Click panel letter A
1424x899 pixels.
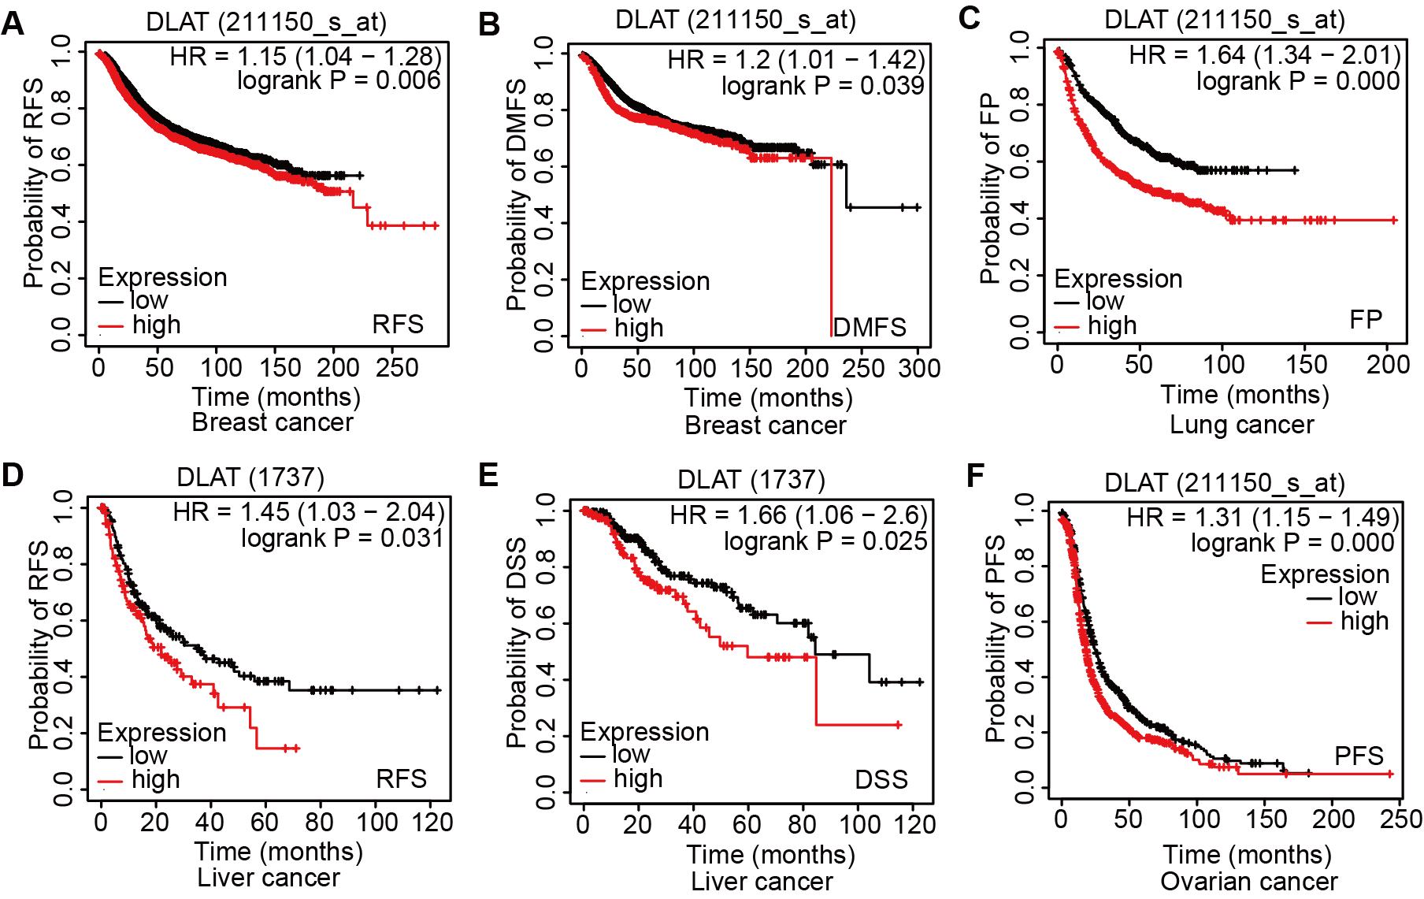point(13,24)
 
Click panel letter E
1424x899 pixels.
point(488,475)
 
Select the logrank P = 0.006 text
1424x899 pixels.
point(339,80)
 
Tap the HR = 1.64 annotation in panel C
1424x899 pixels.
point(1264,55)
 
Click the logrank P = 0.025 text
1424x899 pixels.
point(825,541)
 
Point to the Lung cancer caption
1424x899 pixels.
point(1241,425)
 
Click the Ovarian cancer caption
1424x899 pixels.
point(1248,881)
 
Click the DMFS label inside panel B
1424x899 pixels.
point(870,327)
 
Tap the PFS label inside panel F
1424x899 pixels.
point(1359,756)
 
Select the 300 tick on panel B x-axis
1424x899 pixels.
point(919,368)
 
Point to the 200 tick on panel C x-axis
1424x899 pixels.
point(1388,364)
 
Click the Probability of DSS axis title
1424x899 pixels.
point(517,642)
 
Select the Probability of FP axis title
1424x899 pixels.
point(990,188)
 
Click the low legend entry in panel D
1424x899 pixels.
point(148,756)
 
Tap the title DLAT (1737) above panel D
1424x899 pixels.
point(250,477)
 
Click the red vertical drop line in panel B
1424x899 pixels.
point(832,252)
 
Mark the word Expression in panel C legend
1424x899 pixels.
point(1118,279)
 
